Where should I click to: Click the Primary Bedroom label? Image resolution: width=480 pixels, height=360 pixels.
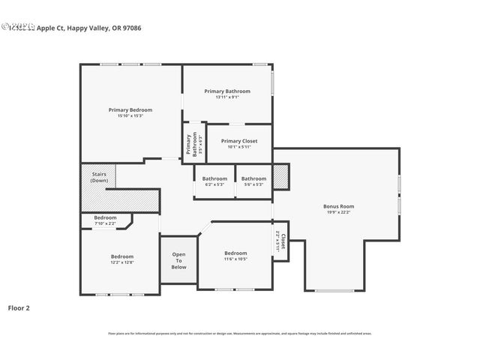(130, 109)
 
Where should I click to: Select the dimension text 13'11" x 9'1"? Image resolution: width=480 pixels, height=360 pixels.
(227, 97)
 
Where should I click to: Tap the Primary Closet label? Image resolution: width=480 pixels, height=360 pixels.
(238, 141)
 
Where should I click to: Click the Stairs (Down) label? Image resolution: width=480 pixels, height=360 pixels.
(99, 177)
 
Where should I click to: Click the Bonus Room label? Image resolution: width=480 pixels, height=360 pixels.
(338, 206)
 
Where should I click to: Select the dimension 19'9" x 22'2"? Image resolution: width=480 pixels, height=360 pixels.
(338, 212)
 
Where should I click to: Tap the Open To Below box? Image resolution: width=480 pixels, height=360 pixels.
(178, 260)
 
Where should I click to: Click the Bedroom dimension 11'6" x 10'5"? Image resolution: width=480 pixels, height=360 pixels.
(235, 259)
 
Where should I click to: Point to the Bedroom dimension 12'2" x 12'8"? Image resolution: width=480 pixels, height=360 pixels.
(122, 262)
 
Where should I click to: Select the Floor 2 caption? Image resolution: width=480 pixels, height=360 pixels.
(19, 307)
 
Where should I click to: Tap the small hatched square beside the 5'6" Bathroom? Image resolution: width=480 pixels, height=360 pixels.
(280, 176)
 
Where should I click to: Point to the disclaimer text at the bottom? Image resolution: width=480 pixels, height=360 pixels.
(239, 334)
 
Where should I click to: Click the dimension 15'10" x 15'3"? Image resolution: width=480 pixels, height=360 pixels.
(130, 115)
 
